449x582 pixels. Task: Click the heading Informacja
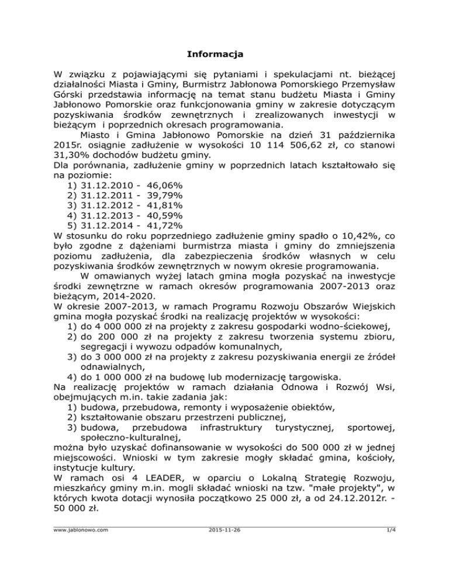(x=215, y=55)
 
